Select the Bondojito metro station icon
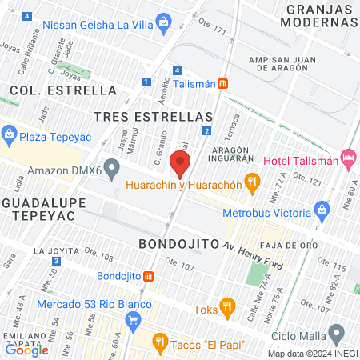point(150,277)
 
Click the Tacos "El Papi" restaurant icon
point(160,344)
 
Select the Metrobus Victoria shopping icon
point(322,214)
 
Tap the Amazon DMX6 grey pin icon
point(112,169)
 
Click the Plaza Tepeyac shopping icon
point(10,134)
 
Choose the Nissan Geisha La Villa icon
point(163,20)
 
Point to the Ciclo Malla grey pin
point(338,332)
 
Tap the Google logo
point(27,350)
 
